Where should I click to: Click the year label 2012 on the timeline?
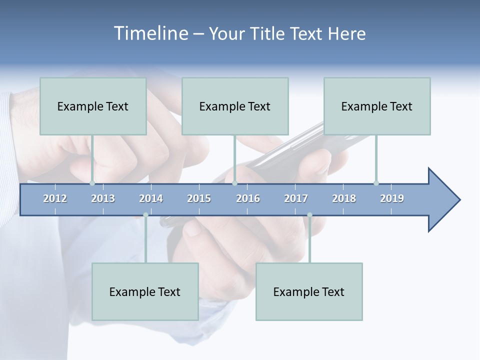[55, 198]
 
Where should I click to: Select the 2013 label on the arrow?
[103, 198]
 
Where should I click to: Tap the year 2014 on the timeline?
[151, 198]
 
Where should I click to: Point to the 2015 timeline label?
[199, 198]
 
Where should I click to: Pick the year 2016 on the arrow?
[248, 198]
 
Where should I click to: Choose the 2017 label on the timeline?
[296, 198]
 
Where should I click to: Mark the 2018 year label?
[344, 198]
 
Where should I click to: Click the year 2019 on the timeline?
[392, 198]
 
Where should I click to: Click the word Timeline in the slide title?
[150, 33]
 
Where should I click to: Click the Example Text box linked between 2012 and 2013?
[93, 106]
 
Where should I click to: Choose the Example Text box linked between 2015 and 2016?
[235, 106]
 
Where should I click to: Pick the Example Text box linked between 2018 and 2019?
[377, 106]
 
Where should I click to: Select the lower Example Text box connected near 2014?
[145, 291]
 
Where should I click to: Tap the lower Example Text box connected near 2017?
[309, 291]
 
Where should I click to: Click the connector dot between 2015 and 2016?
[234, 183]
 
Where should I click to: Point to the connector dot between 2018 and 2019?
[376, 183]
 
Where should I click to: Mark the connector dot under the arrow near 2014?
[145, 215]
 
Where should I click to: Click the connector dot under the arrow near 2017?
[309, 215]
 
